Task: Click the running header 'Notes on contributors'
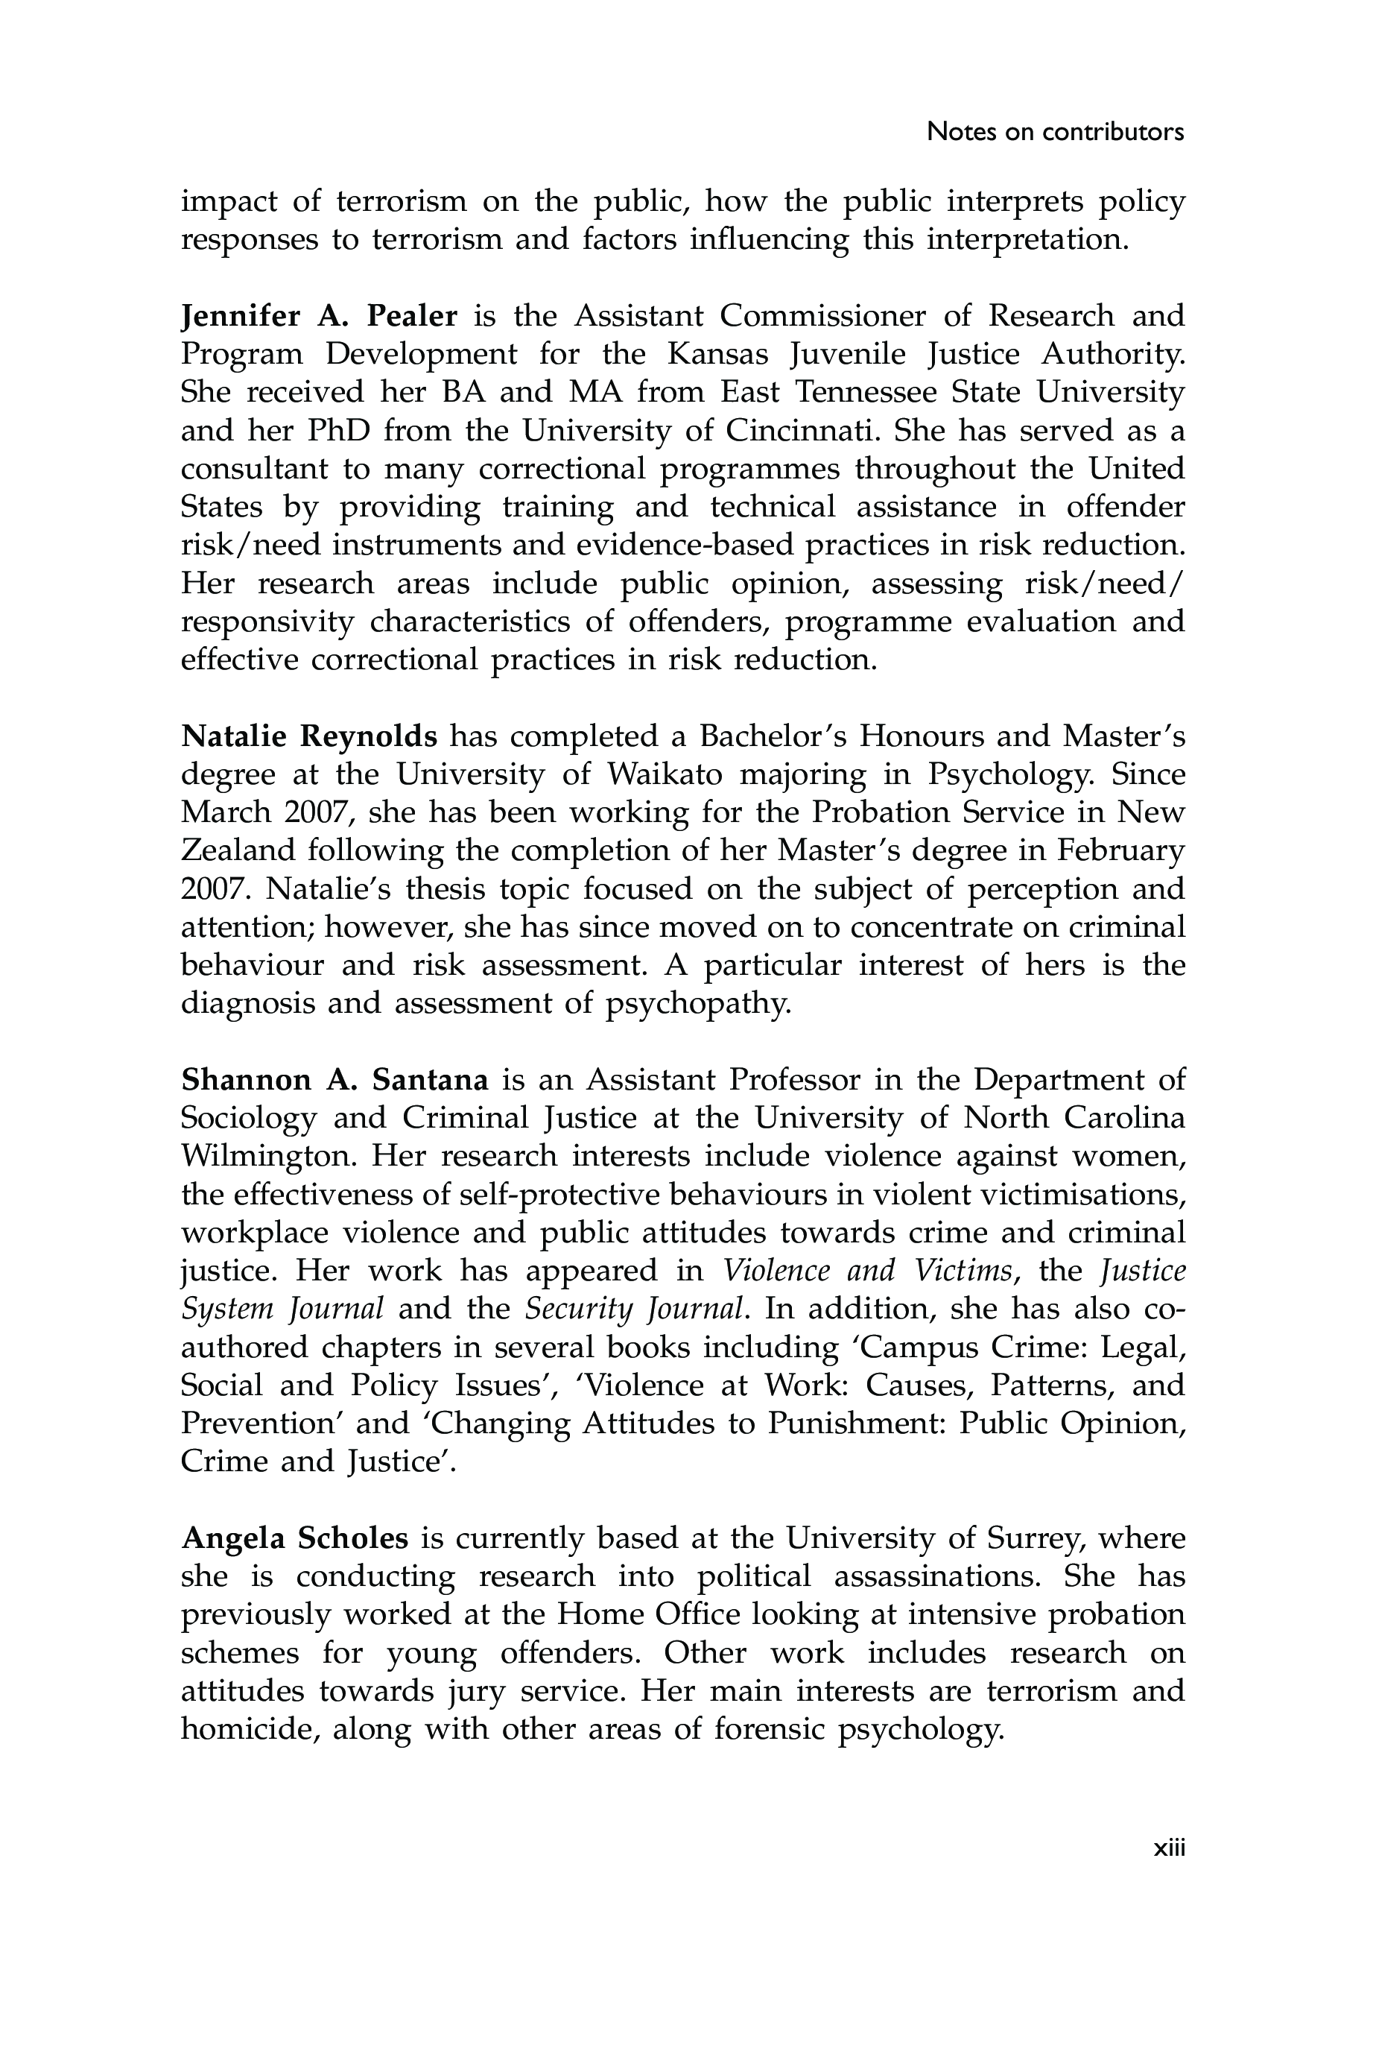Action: point(1054,132)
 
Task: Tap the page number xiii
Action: point(1168,1848)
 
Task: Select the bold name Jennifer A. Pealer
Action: point(319,315)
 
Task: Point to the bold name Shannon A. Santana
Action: point(334,1080)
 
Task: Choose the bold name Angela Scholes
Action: point(294,1538)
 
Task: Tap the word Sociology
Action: point(248,1119)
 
